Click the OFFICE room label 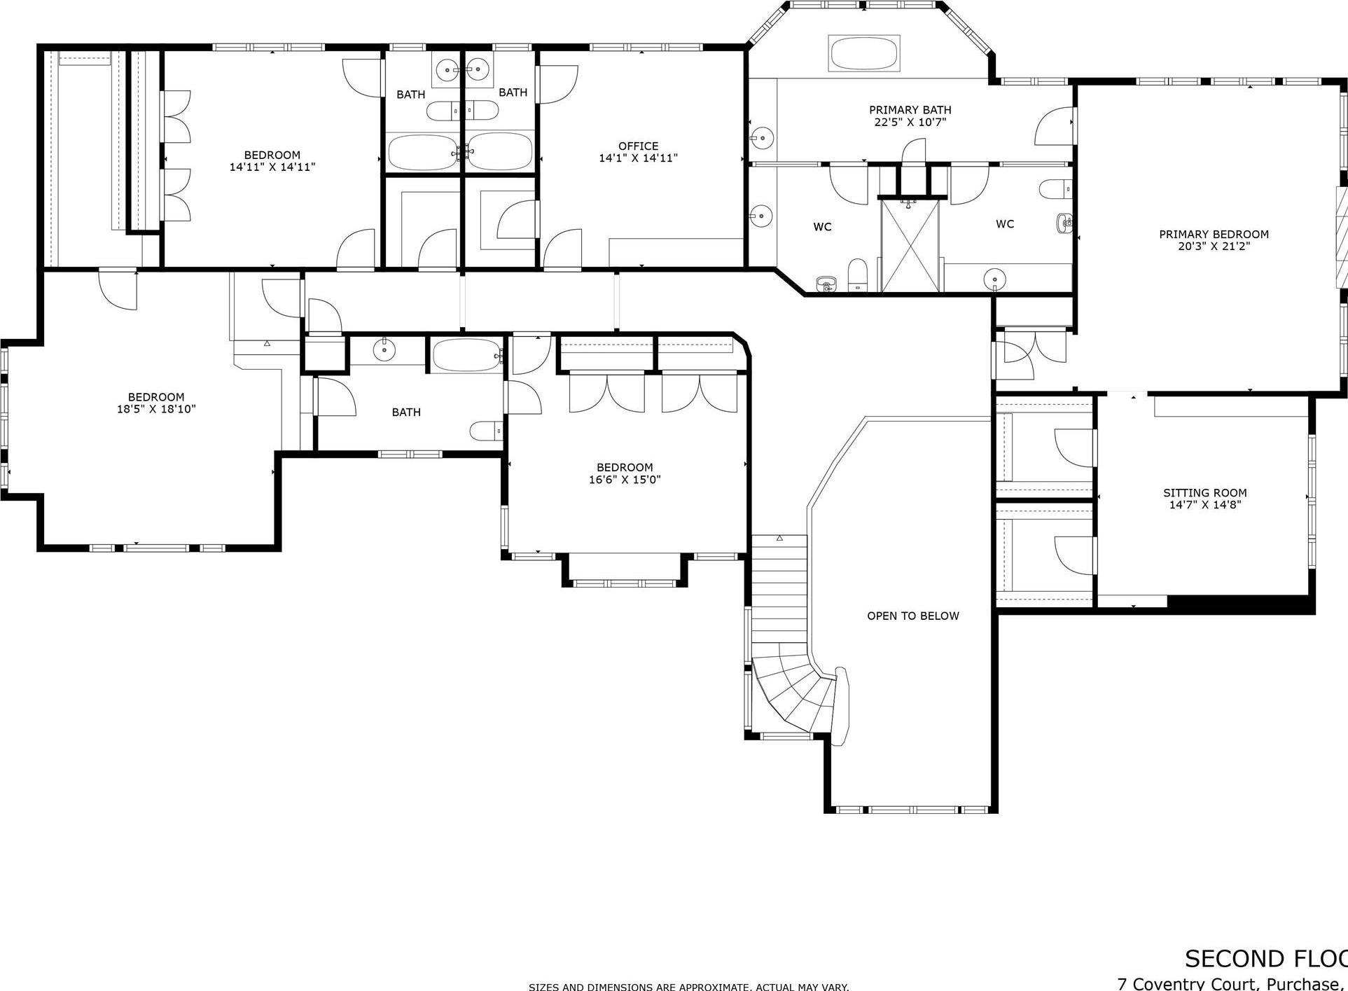click(638, 146)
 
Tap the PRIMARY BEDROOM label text click(1214, 234)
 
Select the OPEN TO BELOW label click(912, 616)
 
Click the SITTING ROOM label click(1204, 492)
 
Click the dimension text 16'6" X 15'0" click(625, 480)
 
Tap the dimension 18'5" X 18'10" click(156, 409)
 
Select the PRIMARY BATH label click(910, 109)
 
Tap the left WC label click(822, 227)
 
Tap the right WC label click(1004, 224)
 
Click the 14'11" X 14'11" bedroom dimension click(272, 167)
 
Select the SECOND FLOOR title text click(1265, 958)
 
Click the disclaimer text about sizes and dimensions click(688, 986)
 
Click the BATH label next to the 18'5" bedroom click(406, 412)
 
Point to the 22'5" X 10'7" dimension click(910, 122)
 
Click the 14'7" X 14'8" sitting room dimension click(1204, 504)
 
